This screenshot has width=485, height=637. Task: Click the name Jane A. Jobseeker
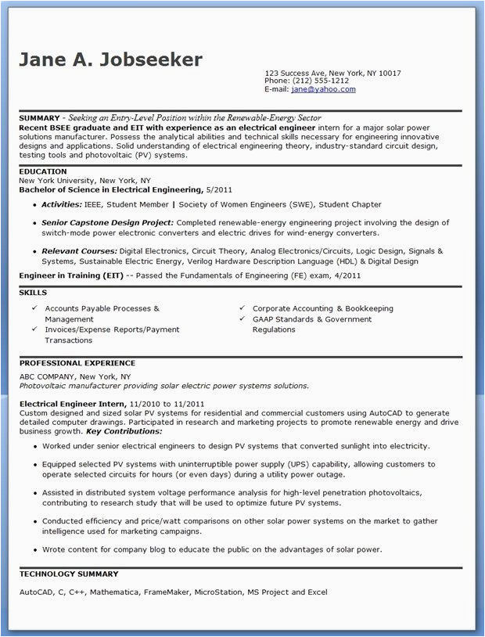(x=110, y=59)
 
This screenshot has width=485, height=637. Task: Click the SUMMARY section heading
(x=39, y=117)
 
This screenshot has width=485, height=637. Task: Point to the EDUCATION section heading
(x=42, y=171)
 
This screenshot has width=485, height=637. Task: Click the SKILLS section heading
(x=33, y=293)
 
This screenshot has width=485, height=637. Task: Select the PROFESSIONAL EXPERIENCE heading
(x=77, y=363)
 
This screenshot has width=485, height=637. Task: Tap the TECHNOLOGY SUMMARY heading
(x=69, y=574)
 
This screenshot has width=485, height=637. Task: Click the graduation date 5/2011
(x=219, y=189)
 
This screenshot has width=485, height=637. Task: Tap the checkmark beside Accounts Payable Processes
(x=34, y=308)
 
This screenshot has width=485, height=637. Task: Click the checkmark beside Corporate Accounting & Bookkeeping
(x=242, y=308)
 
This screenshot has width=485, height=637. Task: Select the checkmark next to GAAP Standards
(x=242, y=319)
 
